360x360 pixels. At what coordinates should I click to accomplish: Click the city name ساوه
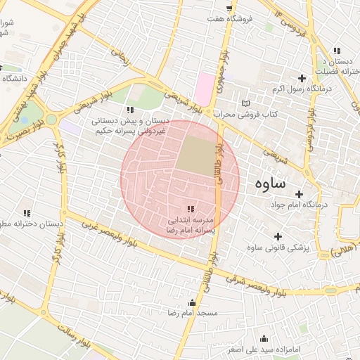click(x=266, y=184)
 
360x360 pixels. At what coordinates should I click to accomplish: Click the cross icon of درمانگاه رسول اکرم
click(x=303, y=78)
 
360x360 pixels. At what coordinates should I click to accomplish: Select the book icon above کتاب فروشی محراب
click(x=245, y=103)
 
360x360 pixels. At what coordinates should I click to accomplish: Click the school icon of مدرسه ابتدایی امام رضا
click(x=191, y=209)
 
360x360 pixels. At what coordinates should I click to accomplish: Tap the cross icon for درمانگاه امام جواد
click(x=300, y=194)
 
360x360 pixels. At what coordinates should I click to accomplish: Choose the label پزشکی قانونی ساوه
click(x=278, y=248)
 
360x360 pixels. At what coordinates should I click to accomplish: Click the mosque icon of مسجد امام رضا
click(x=192, y=302)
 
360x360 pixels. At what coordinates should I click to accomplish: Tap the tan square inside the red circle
click(x=195, y=155)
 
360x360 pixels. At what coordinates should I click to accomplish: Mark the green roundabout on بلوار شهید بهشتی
click(x=51, y=120)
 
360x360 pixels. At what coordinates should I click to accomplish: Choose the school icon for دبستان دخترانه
click(x=27, y=213)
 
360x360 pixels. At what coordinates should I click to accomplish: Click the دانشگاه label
click(x=15, y=79)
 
